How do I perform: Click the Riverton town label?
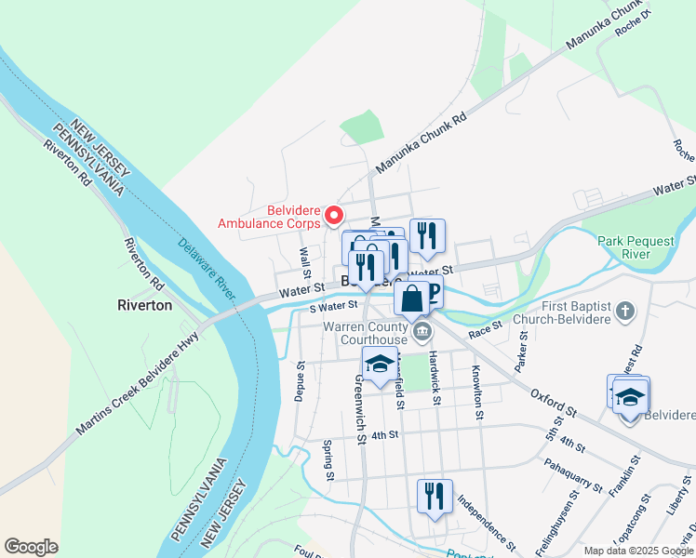coord(144,304)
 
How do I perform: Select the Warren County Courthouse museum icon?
coord(422,330)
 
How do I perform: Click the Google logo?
coord(31,546)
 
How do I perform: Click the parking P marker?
coord(431,293)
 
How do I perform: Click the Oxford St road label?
coord(555,403)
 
